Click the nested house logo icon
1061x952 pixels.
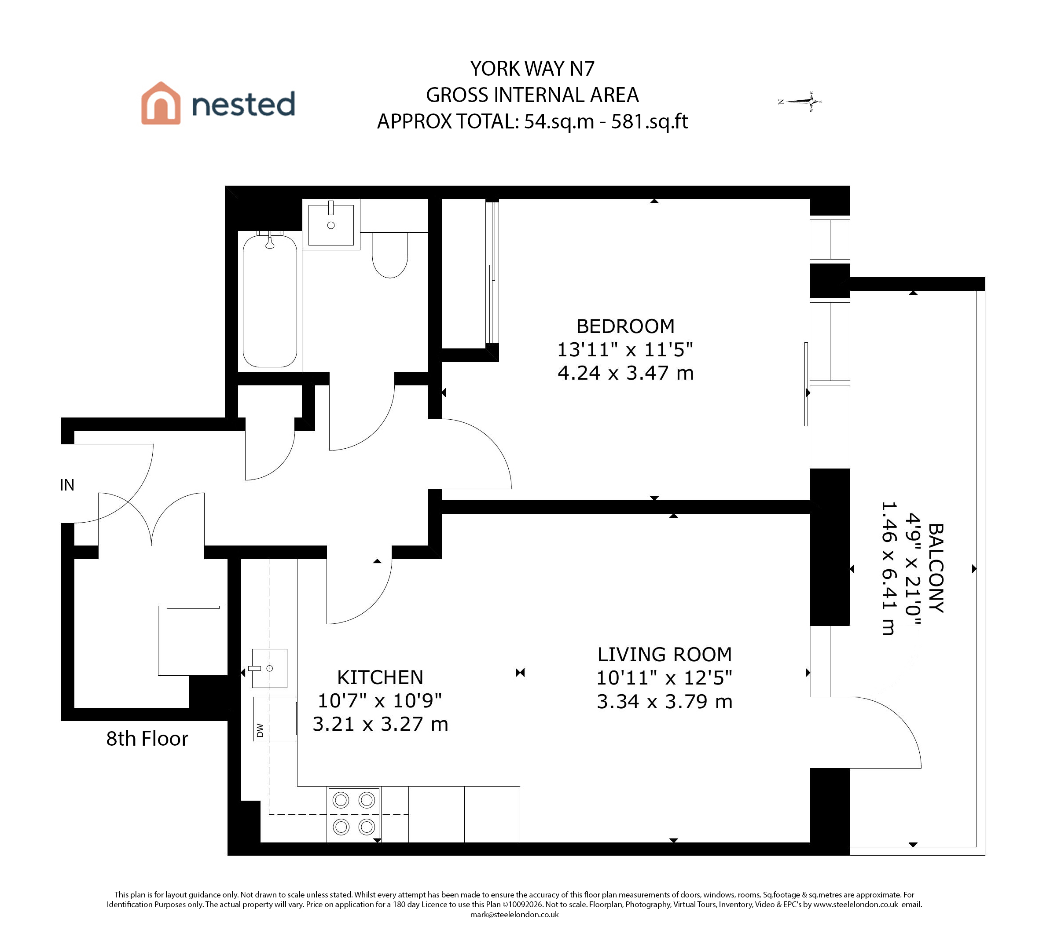(x=161, y=103)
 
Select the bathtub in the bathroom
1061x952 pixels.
(x=270, y=301)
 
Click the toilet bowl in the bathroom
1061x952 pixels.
(x=390, y=255)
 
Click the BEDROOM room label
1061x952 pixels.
(x=625, y=326)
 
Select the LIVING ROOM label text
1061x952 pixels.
(x=665, y=654)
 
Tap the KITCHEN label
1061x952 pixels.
(x=380, y=677)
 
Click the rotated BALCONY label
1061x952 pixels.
(x=936, y=568)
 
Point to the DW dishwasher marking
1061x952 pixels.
(x=260, y=730)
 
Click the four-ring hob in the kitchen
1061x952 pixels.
(x=354, y=814)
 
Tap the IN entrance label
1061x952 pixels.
(x=67, y=485)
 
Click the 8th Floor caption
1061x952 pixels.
(x=147, y=739)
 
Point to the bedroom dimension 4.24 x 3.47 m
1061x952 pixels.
(x=625, y=373)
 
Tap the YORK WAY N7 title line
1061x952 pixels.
(x=532, y=69)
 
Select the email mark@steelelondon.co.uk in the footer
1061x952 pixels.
(x=514, y=930)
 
